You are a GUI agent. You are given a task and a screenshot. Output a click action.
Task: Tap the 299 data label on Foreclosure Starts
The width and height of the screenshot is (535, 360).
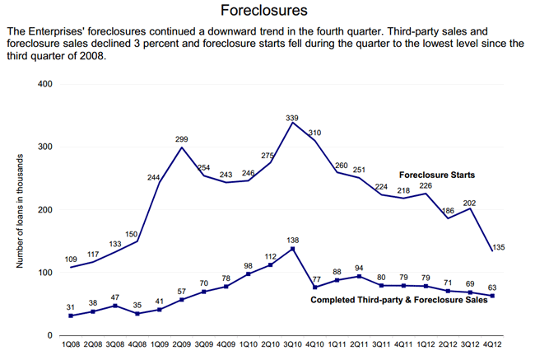pos(182,140)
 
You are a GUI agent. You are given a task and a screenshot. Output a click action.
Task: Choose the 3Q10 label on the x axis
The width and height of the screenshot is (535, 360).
pos(293,344)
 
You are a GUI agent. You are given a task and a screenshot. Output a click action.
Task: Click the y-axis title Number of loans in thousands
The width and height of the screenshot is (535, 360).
pos(19,209)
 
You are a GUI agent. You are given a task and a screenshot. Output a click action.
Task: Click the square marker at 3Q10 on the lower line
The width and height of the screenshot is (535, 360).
pos(293,248)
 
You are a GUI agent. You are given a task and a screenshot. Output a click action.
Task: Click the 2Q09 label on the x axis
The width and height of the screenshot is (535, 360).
pos(182,344)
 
